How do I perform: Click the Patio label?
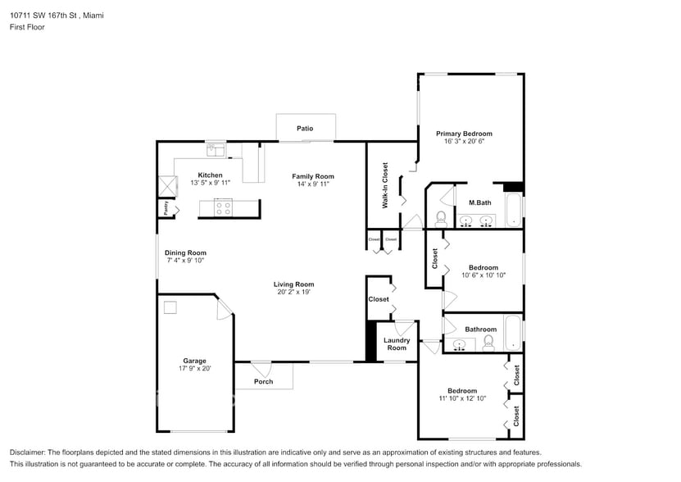[305, 129]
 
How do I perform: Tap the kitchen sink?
[216, 149]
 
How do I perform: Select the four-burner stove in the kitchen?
[223, 207]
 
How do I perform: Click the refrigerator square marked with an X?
[167, 184]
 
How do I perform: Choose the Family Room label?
[313, 176]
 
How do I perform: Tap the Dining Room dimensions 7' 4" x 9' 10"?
[185, 261]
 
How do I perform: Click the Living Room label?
[293, 284]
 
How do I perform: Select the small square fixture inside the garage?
[170, 307]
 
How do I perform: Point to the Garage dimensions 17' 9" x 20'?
[194, 369]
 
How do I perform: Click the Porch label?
[262, 382]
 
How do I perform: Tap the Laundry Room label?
[397, 344]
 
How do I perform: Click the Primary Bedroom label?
[464, 134]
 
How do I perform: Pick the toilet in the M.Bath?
[440, 218]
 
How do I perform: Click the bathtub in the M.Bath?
[512, 211]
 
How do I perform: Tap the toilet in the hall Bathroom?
[488, 342]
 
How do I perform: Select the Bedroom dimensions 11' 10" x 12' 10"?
[462, 398]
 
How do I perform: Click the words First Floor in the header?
[27, 27]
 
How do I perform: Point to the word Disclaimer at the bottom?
[26, 452]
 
